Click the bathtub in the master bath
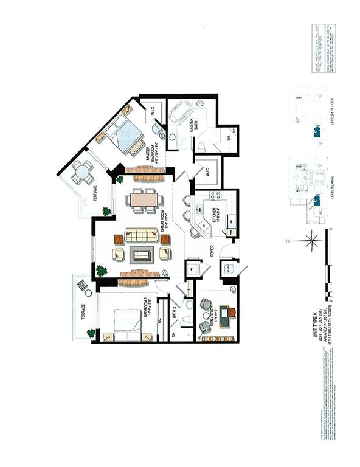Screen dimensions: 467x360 (181, 113)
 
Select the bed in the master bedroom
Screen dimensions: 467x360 (126, 136)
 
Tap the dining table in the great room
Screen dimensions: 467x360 (145, 200)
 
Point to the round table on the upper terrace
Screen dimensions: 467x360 (82, 172)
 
